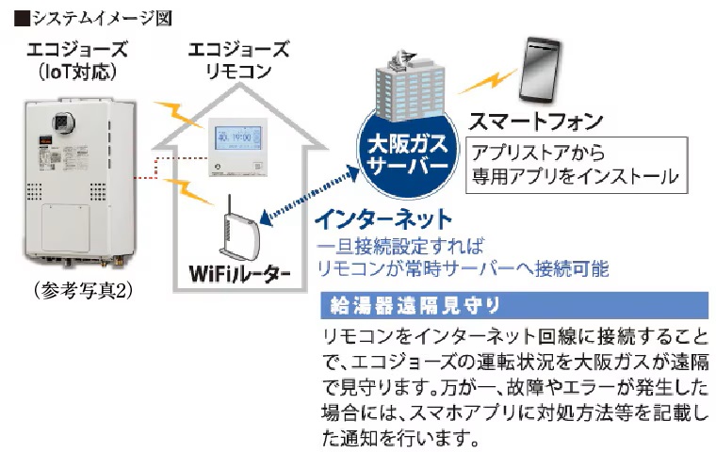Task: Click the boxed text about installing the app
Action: (x=576, y=164)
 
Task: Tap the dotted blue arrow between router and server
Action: (x=312, y=194)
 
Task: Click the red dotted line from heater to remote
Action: (x=171, y=175)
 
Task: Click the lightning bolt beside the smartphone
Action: (x=487, y=83)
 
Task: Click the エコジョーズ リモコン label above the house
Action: (x=238, y=58)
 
